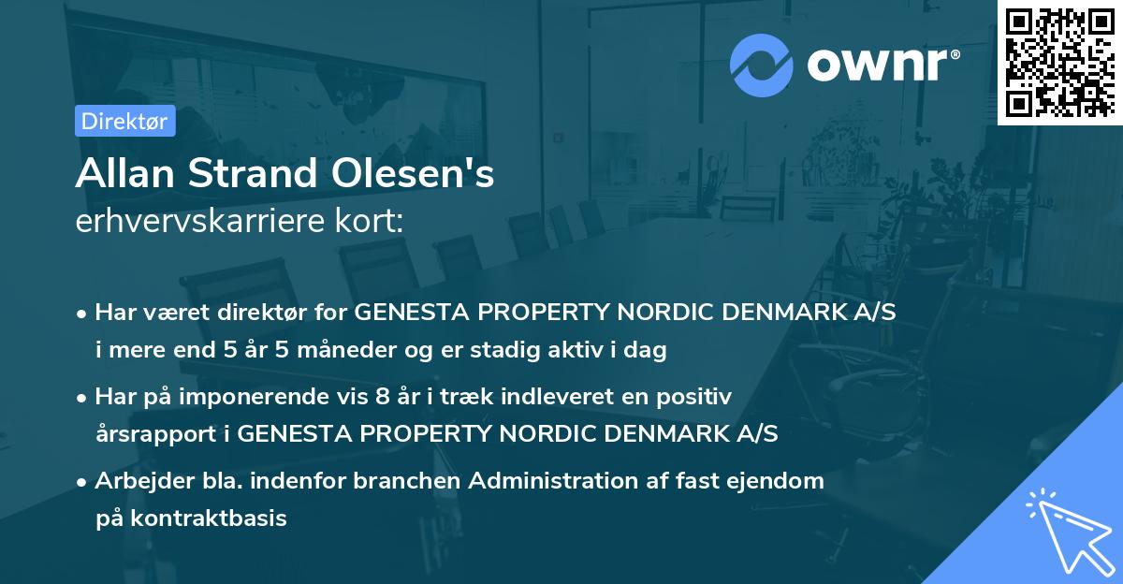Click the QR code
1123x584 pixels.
coord(1059,62)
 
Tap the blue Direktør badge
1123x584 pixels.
coord(124,122)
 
